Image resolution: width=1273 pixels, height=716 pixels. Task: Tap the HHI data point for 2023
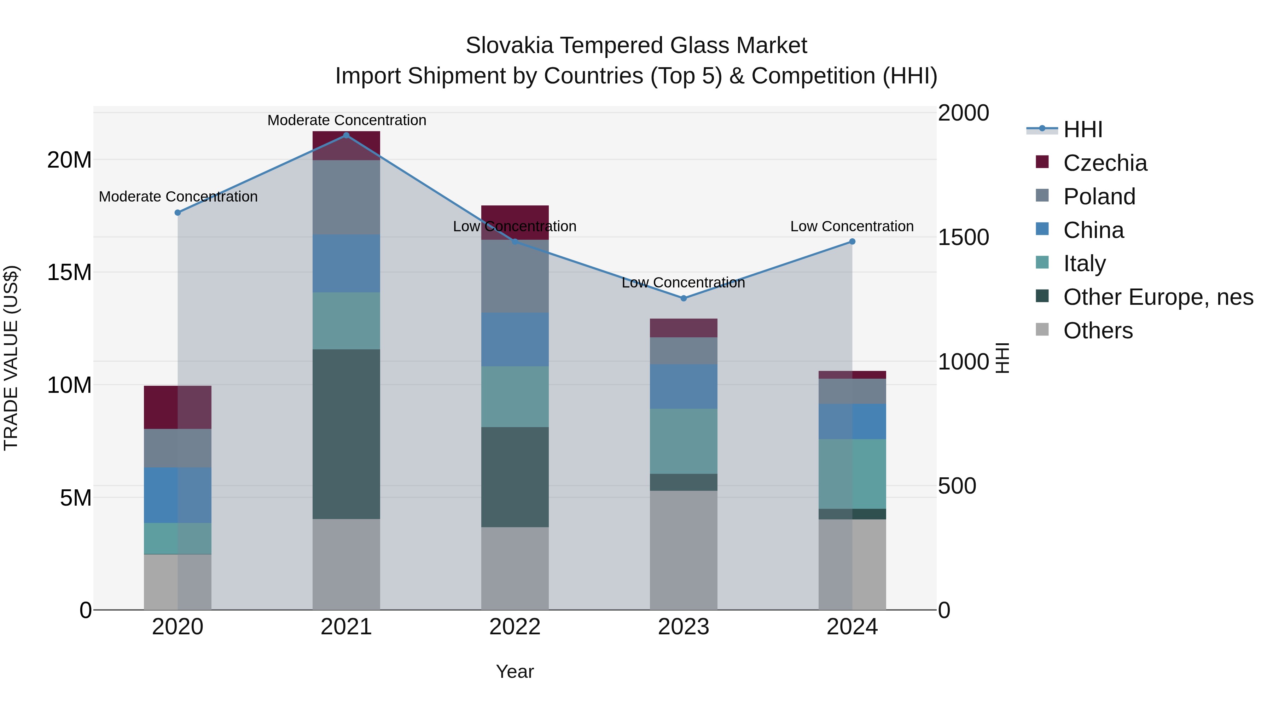tap(684, 298)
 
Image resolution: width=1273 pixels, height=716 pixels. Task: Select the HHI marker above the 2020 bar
tap(178, 213)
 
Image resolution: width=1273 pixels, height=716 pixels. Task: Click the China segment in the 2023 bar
tap(684, 386)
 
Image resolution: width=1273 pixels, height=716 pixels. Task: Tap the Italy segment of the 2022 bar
tap(515, 396)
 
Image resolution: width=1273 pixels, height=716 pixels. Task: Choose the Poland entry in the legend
tap(1099, 196)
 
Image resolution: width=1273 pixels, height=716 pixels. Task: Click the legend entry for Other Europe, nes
tap(1158, 297)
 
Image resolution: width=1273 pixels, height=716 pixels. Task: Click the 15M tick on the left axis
tap(69, 272)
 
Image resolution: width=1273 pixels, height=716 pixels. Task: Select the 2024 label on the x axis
tap(852, 627)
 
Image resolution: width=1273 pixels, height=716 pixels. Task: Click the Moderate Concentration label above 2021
tap(347, 120)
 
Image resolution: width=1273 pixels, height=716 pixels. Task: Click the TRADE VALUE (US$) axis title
tap(11, 358)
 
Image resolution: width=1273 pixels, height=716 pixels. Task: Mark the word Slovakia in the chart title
tap(509, 46)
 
